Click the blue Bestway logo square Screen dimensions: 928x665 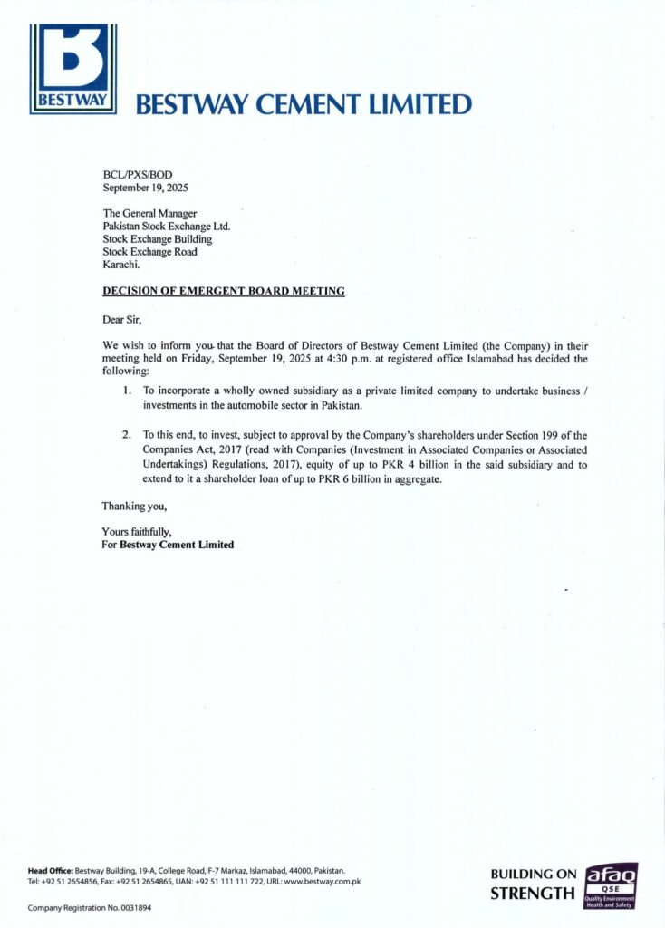(x=72, y=68)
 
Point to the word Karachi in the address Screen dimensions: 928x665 (x=121, y=265)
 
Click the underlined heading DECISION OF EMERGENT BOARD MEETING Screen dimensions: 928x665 (x=223, y=291)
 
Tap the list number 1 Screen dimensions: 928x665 (x=128, y=390)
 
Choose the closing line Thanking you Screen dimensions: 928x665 (x=134, y=506)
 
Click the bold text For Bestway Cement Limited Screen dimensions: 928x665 (x=168, y=545)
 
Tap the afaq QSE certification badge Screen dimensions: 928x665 (x=612, y=885)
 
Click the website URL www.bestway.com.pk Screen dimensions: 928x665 (x=323, y=881)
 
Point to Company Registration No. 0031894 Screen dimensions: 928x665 (x=90, y=907)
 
